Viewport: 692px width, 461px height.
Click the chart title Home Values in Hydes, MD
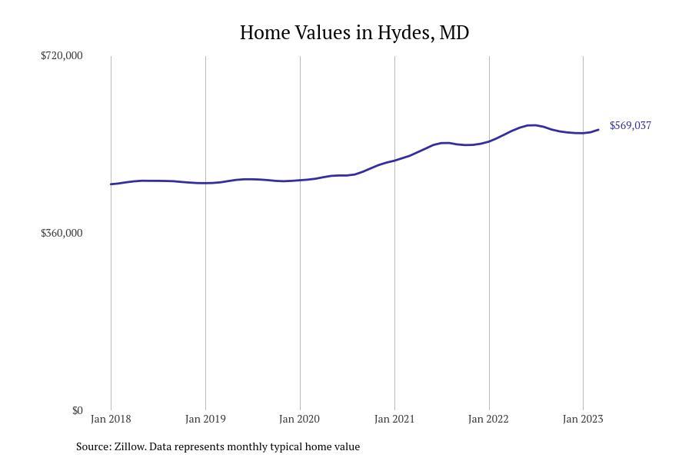(x=354, y=32)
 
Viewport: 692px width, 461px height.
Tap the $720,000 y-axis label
(x=62, y=55)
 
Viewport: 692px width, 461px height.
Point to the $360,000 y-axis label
(x=62, y=233)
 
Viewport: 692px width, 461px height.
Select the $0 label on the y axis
(x=77, y=410)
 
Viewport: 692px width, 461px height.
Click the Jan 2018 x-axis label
(x=111, y=419)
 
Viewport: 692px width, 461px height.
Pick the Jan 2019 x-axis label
(x=205, y=419)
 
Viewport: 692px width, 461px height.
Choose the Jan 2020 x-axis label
(x=300, y=419)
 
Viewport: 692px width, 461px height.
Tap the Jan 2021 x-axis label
(x=394, y=419)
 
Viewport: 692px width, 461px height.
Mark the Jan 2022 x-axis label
(x=489, y=419)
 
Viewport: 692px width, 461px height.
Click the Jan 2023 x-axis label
(x=583, y=419)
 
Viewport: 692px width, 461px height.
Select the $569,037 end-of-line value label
(x=630, y=125)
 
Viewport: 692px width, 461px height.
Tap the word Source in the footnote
(x=93, y=446)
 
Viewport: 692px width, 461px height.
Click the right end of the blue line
(x=598, y=130)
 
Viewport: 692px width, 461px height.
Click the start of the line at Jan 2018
(x=111, y=184)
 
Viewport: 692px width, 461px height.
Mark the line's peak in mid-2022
(x=531, y=125)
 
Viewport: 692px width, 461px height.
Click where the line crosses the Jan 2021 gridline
(x=394, y=161)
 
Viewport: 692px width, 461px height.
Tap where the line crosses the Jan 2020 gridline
(x=300, y=181)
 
